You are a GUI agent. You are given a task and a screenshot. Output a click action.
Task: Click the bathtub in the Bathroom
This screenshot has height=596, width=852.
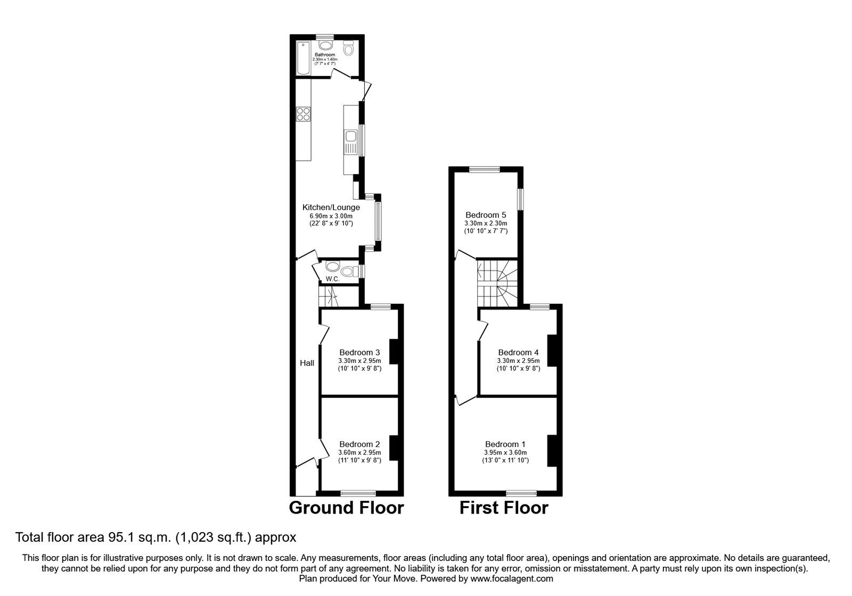[x=303, y=58]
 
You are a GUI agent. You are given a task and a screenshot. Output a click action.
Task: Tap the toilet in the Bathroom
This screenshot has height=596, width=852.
[x=348, y=49]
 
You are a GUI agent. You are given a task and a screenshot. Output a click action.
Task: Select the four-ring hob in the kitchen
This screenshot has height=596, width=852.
[x=304, y=114]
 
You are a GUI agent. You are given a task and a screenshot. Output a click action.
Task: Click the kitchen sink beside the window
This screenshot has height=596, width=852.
[x=350, y=142]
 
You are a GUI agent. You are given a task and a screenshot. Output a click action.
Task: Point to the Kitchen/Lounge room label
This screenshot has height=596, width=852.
[x=331, y=207]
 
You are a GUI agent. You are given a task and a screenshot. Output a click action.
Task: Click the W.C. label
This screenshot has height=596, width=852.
[x=332, y=279]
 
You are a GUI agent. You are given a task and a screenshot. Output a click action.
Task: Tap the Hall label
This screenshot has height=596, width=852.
[x=307, y=363]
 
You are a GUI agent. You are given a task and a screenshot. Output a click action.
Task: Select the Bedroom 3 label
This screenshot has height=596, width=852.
[x=359, y=352]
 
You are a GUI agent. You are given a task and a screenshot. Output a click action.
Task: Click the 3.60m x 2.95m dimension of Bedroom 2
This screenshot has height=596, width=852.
[x=359, y=453]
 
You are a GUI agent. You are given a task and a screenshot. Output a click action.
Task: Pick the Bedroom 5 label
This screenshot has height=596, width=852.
[x=486, y=215]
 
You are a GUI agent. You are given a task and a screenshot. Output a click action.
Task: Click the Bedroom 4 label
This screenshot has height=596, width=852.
[x=519, y=352]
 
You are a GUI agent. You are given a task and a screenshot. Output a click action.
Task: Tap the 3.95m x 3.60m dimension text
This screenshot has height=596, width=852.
[x=505, y=453]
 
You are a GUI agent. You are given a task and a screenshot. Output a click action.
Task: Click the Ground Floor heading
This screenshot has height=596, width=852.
[x=346, y=508]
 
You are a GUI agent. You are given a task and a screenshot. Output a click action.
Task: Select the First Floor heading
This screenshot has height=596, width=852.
[x=504, y=508]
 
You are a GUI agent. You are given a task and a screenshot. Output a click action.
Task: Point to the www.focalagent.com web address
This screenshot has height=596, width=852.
[x=512, y=579]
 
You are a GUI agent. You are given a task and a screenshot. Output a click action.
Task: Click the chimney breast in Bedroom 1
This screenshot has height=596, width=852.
[x=552, y=451]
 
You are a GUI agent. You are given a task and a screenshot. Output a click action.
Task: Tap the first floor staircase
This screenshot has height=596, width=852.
[x=497, y=283]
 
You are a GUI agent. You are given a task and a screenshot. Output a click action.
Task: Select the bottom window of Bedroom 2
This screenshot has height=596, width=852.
[x=358, y=493]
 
